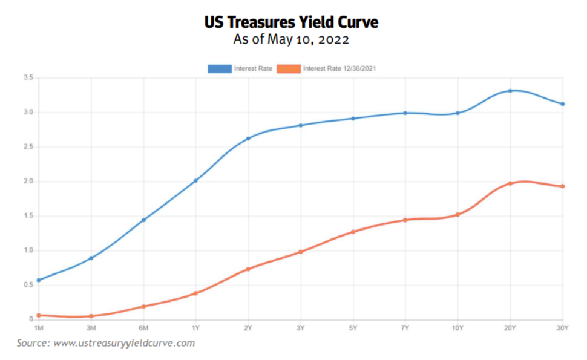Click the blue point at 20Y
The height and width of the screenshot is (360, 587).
(x=510, y=91)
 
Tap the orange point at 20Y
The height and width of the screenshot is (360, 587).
(x=510, y=183)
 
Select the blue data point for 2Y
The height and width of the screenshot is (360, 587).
(x=248, y=139)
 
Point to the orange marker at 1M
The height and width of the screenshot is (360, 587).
(x=39, y=315)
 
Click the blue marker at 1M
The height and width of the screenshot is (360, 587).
(x=39, y=280)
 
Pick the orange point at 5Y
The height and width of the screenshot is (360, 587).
(x=353, y=232)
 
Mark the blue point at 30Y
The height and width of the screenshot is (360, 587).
(x=563, y=104)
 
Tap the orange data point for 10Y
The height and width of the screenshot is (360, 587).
(x=457, y=214)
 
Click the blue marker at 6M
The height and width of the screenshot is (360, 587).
(x=143, y=220)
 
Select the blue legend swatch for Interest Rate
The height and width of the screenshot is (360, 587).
(x=220, y=69)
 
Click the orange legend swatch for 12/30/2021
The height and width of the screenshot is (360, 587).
(x=289, y=69)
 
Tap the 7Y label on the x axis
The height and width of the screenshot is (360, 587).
(x=405, y=327)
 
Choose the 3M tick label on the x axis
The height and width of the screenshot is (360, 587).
(x=91, y=327)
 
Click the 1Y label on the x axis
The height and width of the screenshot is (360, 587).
(x=195, y=327)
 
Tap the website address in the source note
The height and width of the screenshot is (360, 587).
(x=124, y=344)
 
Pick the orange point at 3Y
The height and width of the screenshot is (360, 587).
(x=300, y=252)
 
